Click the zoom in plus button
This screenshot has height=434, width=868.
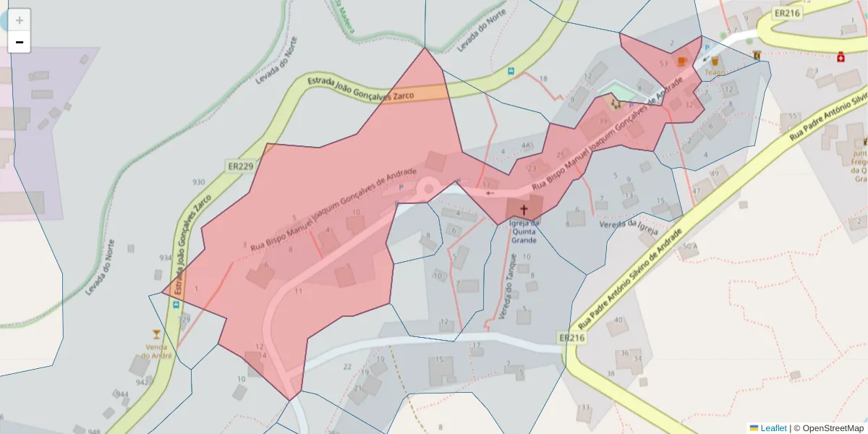click(x=20, y=20)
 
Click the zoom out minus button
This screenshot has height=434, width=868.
click(x=20, y=42)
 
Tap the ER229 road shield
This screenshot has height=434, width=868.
click(x=240, y=166)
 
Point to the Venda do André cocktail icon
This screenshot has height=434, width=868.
click(x=156, y=333)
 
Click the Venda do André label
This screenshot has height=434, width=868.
click(x=156, y=351)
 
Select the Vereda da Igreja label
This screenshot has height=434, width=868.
click(x=627, y=226)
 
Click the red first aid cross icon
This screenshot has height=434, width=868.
click(x=841, y=56)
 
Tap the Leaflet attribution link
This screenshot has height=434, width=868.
click(x=773, y=428)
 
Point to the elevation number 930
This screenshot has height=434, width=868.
click(x=198, y=182)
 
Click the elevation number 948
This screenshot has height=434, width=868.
click(x=94, y=431)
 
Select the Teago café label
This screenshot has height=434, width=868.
click(x=715, y=72)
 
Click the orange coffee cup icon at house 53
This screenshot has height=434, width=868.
click(x=681, y=61)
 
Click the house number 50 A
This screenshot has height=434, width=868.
click(x=690, y=247)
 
